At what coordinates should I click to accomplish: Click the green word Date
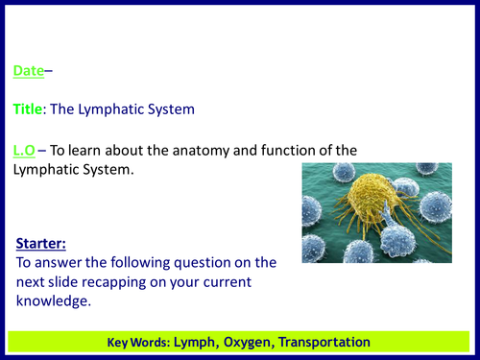[x=28, y=71]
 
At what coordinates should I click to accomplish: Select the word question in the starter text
[x=186, y=262]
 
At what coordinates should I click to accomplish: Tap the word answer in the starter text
[x=57, y=262]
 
